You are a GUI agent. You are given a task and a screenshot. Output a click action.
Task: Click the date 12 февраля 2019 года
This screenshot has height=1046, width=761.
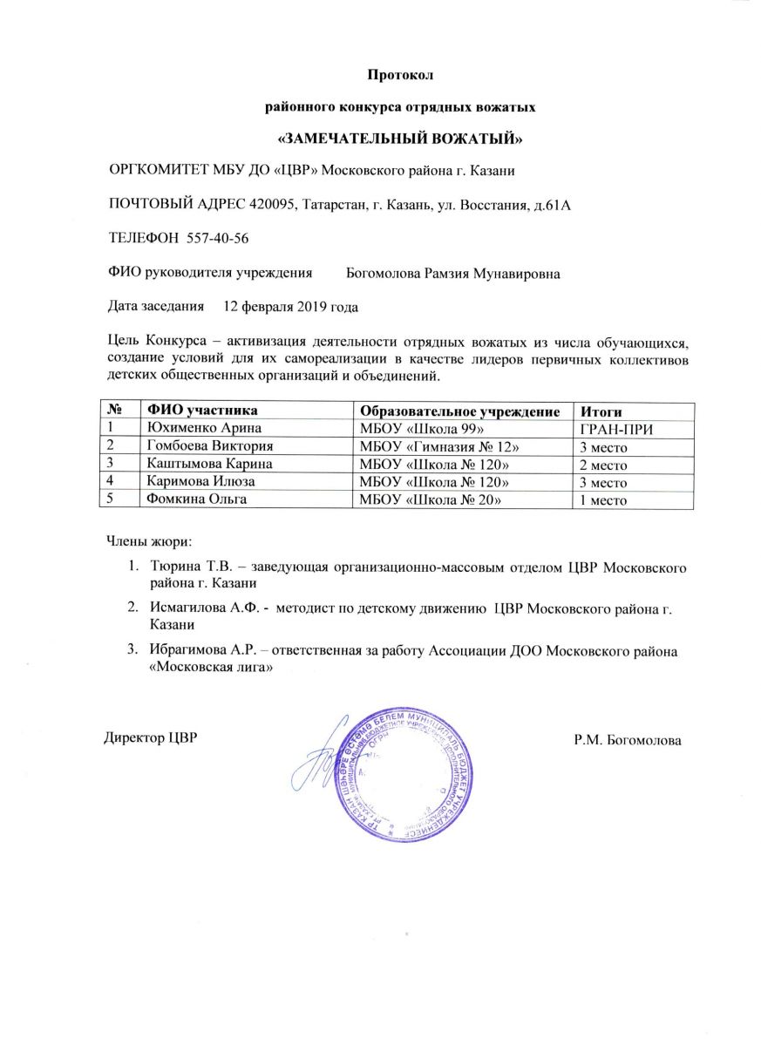290,307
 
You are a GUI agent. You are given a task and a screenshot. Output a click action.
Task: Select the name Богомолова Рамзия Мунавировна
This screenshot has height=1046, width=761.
453,274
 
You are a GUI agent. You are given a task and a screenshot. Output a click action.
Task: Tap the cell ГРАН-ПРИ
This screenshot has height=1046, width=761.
617,430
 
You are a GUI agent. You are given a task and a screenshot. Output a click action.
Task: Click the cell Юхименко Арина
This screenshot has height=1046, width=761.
205,429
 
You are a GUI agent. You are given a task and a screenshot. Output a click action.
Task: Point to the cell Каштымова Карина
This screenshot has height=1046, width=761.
210,464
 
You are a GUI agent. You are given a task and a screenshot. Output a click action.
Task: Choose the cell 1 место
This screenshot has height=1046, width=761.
604,500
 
